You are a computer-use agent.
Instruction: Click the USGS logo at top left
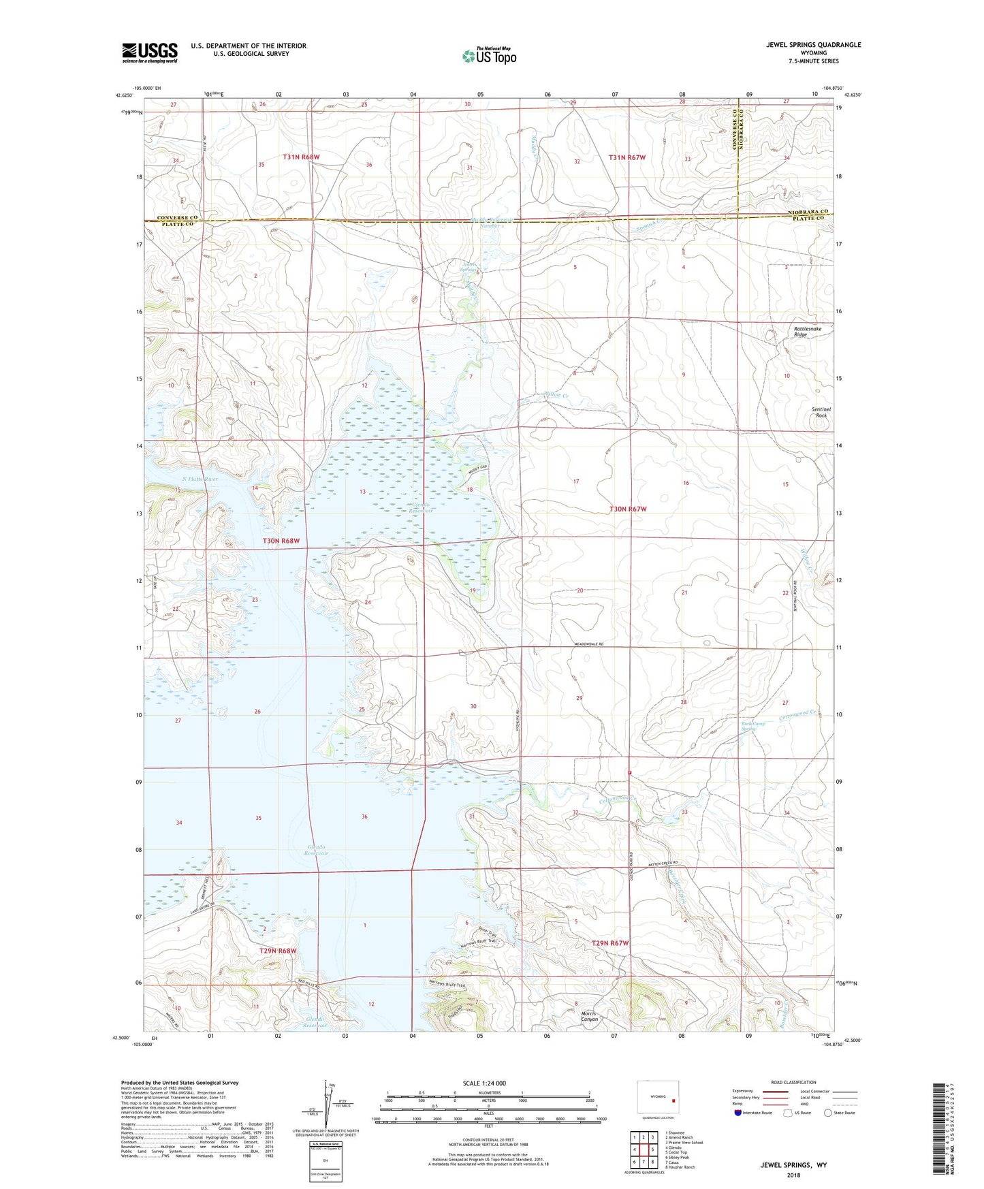150,52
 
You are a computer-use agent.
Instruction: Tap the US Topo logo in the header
489,56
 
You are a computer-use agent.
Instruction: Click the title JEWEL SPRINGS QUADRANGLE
813,45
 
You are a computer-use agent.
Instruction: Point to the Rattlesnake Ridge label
808,332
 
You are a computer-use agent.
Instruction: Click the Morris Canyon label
590,1016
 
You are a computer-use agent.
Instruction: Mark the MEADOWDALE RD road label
589,644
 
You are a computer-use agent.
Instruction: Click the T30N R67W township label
628,509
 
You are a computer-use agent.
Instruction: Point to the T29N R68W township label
278,950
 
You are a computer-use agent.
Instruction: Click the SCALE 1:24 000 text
484,1083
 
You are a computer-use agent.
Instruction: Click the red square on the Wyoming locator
673,1100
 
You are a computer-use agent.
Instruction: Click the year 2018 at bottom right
793,1175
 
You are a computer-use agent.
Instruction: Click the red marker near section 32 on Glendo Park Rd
631,772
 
